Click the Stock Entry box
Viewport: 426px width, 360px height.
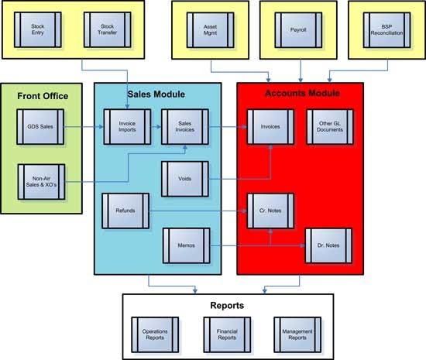coord(38,29)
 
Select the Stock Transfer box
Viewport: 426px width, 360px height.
coord(108,29)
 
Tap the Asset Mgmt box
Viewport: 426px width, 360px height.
coord(210,30)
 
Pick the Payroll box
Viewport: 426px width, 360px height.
coord(298,30)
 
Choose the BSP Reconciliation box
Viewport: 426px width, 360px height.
coord(386,30)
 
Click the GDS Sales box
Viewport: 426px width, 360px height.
coord(40,127)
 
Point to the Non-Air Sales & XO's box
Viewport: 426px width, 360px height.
coord(41,182)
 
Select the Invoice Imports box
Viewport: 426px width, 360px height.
coord(127,127)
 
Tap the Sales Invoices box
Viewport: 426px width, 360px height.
coord(185,127)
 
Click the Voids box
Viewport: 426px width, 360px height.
coord(185,179)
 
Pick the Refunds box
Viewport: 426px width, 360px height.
coord(125,211)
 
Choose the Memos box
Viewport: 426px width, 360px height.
coord(187,245)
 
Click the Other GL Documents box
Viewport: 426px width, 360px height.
coord(330,127)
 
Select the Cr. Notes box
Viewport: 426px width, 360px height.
coord(270,211)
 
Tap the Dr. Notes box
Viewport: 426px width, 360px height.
coord(328,245)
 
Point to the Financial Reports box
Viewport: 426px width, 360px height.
coord(227,334)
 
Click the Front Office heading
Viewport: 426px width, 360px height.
coord(43,96)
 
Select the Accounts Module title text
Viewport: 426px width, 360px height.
coord(302,93)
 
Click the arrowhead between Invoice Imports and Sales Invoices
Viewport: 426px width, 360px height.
coord(159,127)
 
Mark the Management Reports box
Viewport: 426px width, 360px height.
coord(297,334)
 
